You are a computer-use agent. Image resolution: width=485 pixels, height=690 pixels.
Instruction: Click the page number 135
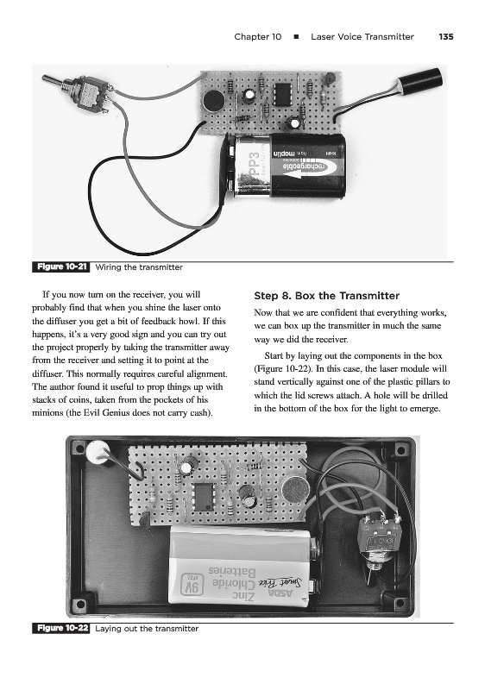tap(446, 37)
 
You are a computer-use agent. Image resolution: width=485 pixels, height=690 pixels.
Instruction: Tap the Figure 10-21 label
tap(60, 267)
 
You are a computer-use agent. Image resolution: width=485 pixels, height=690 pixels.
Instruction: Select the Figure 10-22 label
tap(60, 629)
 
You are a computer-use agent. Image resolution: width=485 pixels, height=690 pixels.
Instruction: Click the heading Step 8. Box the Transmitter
tap(326, 296)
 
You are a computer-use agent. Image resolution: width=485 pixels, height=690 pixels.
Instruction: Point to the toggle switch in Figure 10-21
tap(81, 91)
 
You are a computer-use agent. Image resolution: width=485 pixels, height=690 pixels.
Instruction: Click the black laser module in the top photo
tap(419, 82)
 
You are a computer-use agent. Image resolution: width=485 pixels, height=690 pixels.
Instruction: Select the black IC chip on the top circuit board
tap(281, 93)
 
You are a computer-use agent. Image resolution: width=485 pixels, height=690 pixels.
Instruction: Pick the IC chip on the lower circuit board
tap(204, 497)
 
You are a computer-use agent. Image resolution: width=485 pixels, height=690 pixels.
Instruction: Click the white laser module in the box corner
tap(98, 453)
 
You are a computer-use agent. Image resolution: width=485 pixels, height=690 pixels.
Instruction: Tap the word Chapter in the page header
tap(251, 37)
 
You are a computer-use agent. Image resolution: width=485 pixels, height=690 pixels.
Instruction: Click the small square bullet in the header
tap(296, 37)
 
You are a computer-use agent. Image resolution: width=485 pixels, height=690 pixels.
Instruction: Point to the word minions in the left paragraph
tap(49, 413)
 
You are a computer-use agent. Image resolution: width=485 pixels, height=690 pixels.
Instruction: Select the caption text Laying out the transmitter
tap(147, 629)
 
